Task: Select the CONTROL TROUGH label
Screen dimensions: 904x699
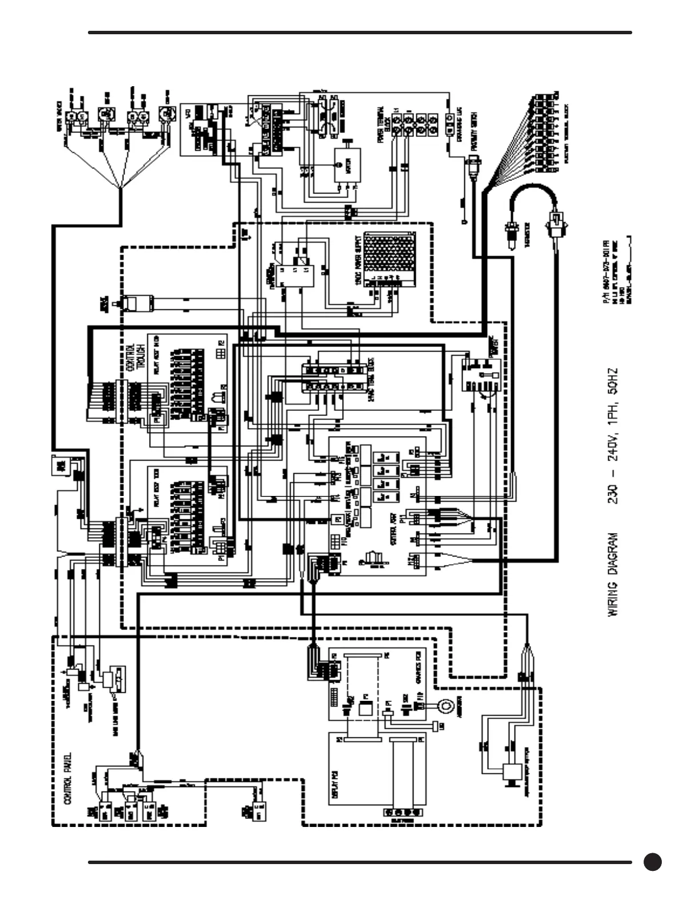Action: (135, 357)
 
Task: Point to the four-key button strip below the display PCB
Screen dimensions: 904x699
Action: (404, 812)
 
